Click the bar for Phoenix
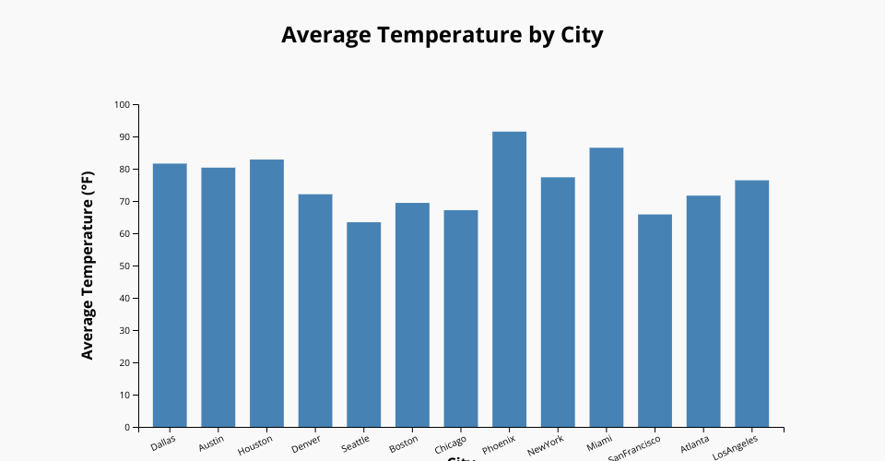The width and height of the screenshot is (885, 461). (x=509, y=279)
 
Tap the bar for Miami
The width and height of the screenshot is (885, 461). (x=606, y=287)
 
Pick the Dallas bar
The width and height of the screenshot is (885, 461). (x=170, y=295)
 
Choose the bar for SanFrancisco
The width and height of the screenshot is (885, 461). (x=655, y=321)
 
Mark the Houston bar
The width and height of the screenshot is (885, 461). (x=266, y=293)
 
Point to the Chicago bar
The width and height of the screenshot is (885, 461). (x=460, y=318)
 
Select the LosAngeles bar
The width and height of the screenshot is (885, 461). (x=751, y=303)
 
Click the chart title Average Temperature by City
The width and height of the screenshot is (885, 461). (x=442, y=35)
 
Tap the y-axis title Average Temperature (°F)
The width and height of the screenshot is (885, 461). (x=88, y=266)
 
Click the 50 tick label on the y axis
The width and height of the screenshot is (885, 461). (x=123, y=266)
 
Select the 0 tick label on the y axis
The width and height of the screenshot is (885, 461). (x=127, y=428)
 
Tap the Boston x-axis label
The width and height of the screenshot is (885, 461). (x=404, y=443)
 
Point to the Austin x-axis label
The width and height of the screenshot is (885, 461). (x=211, y=443)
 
